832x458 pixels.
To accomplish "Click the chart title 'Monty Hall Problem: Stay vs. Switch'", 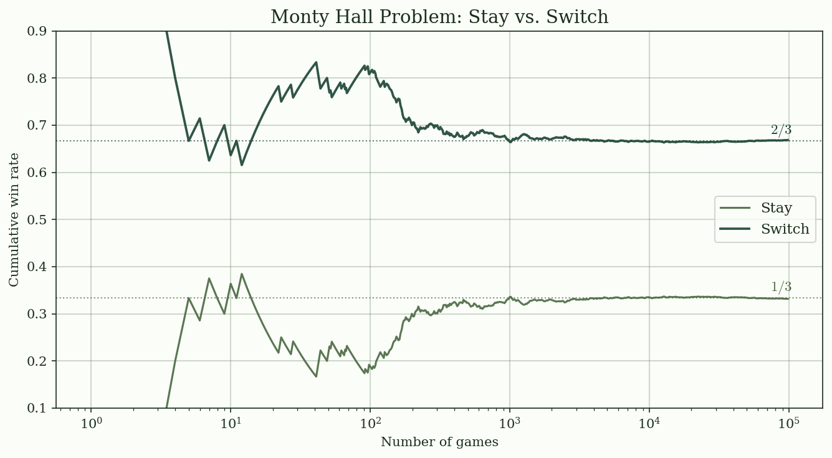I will click(x=439, y=17).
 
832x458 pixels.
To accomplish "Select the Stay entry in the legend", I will click(x=776, y=208).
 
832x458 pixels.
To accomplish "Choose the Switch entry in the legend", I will click(x=785, y=229).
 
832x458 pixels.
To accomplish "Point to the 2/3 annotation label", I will click(x=781, y=130).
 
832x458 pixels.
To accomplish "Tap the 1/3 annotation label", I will click(x=781, y=287).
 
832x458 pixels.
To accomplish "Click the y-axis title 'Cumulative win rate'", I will click(x=14, y=219).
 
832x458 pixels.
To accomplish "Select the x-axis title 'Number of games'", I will click(x=439, y=442).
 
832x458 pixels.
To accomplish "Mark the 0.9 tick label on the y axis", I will click(x=41, y=31).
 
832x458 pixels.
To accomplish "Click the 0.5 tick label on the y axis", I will click(x=41, y=219).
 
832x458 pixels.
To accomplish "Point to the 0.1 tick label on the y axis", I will click(x=41, y=408).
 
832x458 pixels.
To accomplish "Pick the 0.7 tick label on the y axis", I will click(x=41, y=125).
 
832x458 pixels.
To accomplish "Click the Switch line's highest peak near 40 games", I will click(x=317, y=62).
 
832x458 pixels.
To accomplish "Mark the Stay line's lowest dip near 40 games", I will click(x=317, y=376).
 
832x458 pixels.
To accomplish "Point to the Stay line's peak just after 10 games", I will click(x=242, y=274).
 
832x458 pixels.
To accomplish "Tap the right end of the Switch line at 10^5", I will click(x=788, y=140).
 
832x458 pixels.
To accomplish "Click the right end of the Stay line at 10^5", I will click(x=788, y=298).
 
